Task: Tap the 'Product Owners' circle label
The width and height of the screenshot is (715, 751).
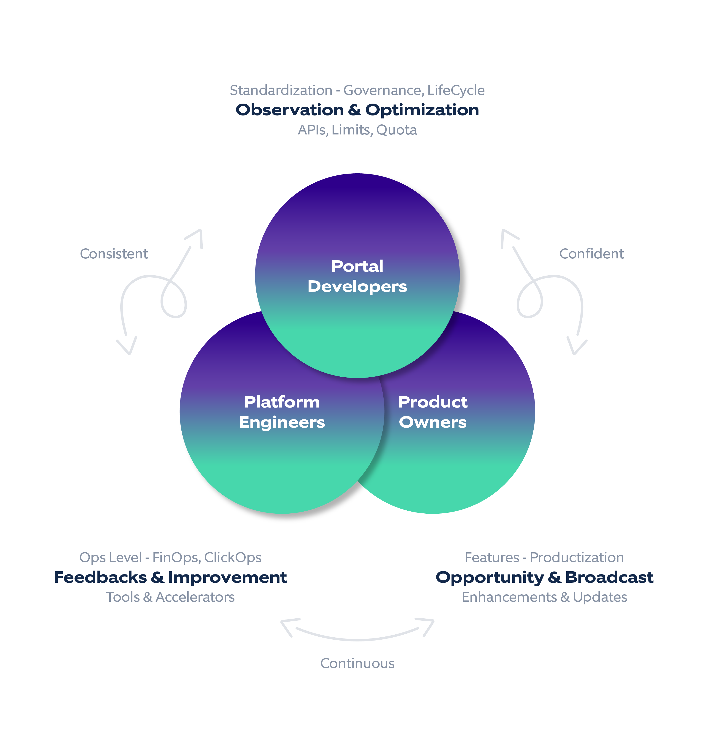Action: point(433,412)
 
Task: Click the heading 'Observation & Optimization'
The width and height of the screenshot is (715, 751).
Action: point(357,110)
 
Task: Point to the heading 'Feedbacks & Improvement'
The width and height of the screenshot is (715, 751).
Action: point(170,577)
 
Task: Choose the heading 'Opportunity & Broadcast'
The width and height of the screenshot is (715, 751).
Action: point(544,577)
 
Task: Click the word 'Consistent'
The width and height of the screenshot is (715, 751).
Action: point(114,254)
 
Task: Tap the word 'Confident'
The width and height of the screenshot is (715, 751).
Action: point(591,254)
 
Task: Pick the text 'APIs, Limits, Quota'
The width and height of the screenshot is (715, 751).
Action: point(357,130)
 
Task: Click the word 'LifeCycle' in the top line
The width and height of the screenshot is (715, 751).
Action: point(456,90)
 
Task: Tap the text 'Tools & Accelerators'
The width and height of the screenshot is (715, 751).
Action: point(170,597)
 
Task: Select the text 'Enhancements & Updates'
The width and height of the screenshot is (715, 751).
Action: point(544,597)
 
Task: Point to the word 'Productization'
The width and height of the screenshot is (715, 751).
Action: point(577,558)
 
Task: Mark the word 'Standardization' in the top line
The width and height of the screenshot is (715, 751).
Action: point(281,90)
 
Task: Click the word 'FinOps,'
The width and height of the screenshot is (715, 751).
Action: point(177,558)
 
